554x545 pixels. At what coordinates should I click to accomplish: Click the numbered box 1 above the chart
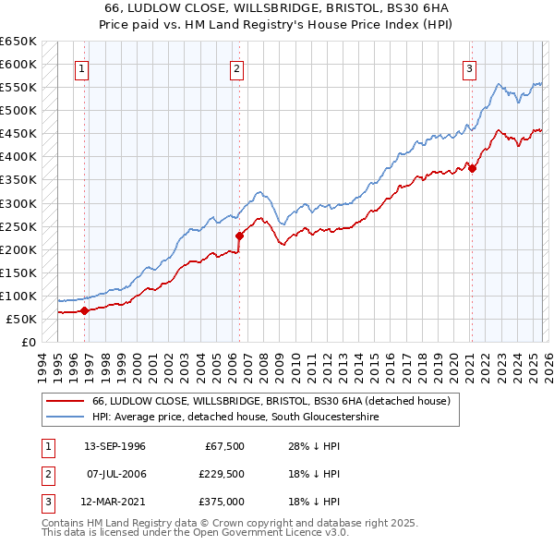click(82, 67)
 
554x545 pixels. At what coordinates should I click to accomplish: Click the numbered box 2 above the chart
click(237, 67)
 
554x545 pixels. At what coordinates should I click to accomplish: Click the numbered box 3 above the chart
click(469, 67)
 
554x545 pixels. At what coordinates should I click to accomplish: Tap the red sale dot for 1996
click(84, 310)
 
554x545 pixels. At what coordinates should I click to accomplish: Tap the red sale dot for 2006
click(239, 236)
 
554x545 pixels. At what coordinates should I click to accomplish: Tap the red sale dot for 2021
click(472, 168)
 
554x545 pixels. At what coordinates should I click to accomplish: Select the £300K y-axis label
click(18, 203)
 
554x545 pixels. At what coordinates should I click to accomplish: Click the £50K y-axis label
click(22, 319)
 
